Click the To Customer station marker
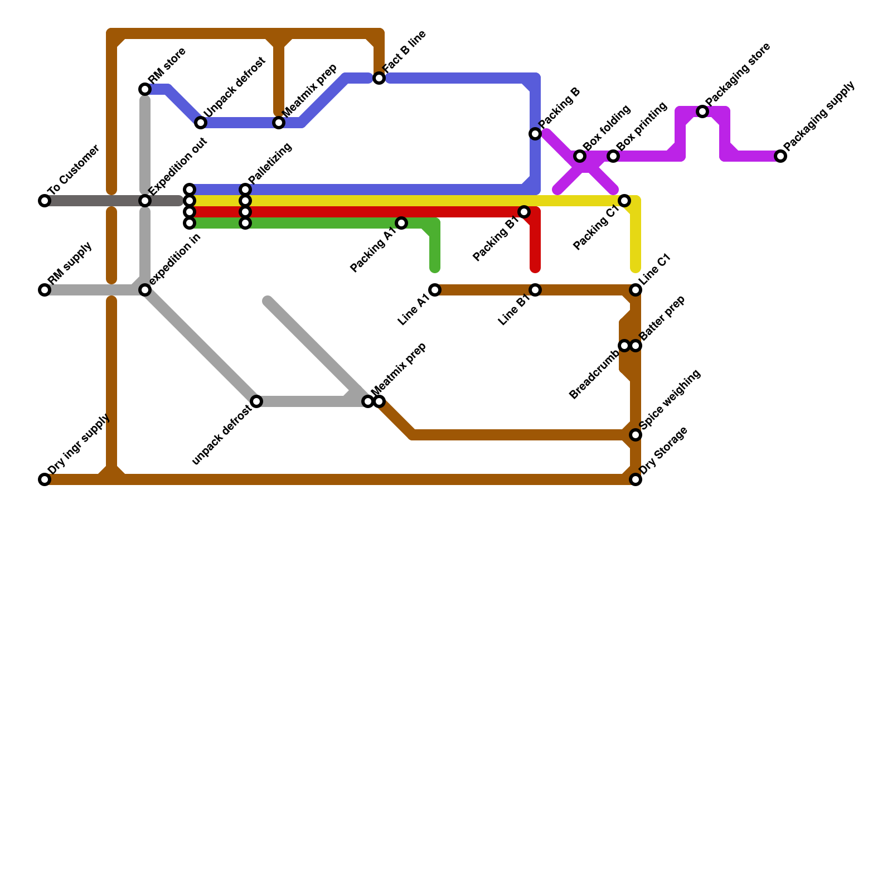(45, 201)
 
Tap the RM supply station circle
(45, 290)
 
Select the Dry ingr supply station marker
(45, 479)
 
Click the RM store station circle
(145, 89)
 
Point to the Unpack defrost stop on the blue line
(201, 123)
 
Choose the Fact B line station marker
(379, 78)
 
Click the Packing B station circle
(535, 134)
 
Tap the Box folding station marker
(580, 156)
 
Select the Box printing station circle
(613, 156)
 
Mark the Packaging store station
(702, 111)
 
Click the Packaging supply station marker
(780, 156)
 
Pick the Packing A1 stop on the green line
(401, 223)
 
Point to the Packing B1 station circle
(524, 212)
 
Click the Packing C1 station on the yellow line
(624, 201)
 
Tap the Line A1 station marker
(435, 290)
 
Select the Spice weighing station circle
(636, 435)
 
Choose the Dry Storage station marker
(636, 479)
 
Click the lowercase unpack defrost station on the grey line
(256, 401)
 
